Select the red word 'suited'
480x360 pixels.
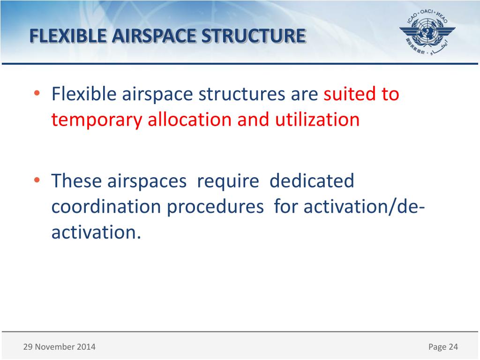pos(349,94)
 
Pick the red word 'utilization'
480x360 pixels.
pos(317,120)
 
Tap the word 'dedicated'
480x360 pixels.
pos(312,181)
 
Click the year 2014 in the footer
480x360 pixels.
pos(86,347)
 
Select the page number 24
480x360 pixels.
pos(453,347)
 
